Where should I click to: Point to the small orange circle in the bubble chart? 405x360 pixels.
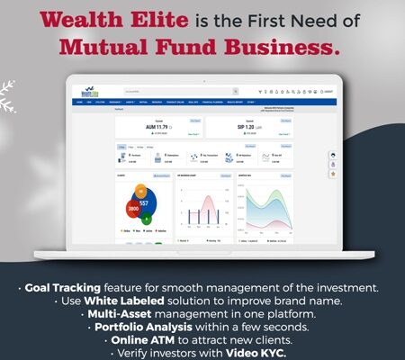[140, 190]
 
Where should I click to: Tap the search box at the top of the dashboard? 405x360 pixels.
[180, 91]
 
